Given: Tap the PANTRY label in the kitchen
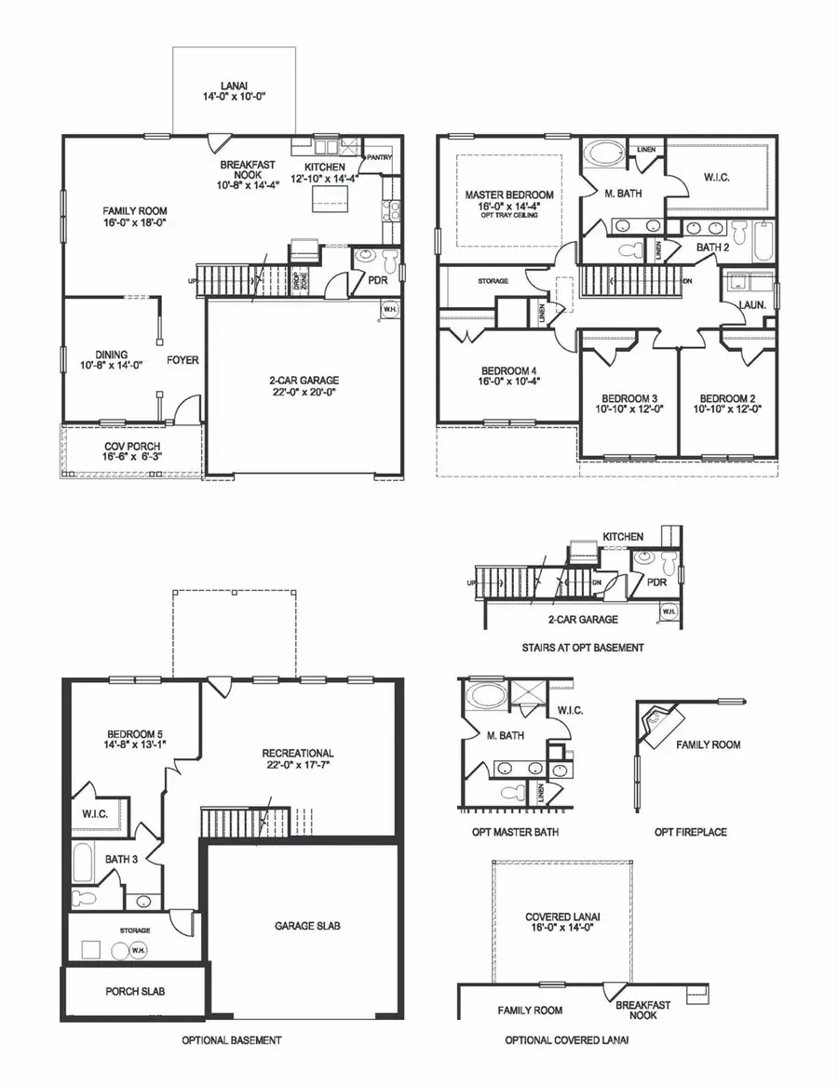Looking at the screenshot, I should pos(379,157).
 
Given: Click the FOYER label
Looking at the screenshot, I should pos(182,359).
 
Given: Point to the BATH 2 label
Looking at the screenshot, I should pos(713,247).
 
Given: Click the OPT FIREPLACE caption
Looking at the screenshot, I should pos(690,831).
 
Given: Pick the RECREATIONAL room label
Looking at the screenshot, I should pos(297,758).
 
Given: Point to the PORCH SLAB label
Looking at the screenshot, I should pos(133,992).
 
